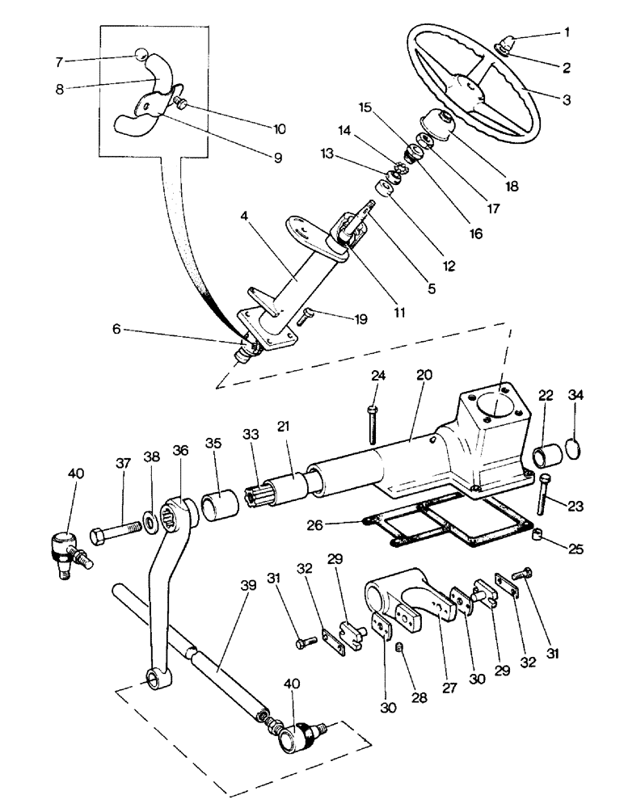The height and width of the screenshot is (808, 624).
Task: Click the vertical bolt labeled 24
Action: click(371, 419)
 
